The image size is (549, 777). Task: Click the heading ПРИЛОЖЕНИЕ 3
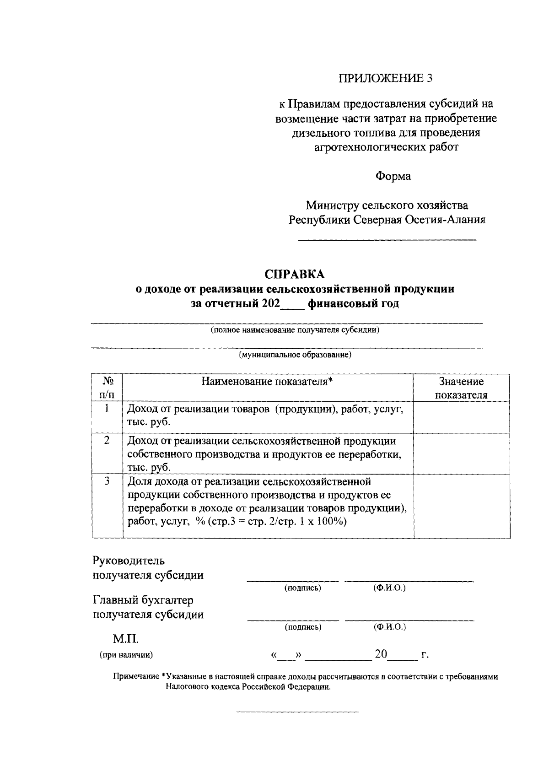pos(385,78)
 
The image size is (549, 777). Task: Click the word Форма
pos(393,176)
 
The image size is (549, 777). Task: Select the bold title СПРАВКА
pos(295,274)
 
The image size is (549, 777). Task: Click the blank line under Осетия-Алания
pos(387,239)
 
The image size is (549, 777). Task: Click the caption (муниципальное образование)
pos(295,355)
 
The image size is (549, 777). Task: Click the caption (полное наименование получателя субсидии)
pos(295,330)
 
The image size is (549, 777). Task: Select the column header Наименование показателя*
pos(268,382)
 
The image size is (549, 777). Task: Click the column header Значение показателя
pos(461,388)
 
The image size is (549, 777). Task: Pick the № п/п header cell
pos(107,388)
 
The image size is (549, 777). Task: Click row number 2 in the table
pos(107,441)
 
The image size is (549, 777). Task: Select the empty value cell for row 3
pos(461,506)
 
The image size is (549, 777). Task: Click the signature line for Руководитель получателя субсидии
pos(293,580)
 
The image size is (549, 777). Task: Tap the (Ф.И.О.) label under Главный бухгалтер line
pos(389,627)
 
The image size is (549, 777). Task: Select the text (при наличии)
pos(126,655)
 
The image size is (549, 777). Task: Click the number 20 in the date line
pos(381,654)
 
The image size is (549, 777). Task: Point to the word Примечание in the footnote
pos(136,677)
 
